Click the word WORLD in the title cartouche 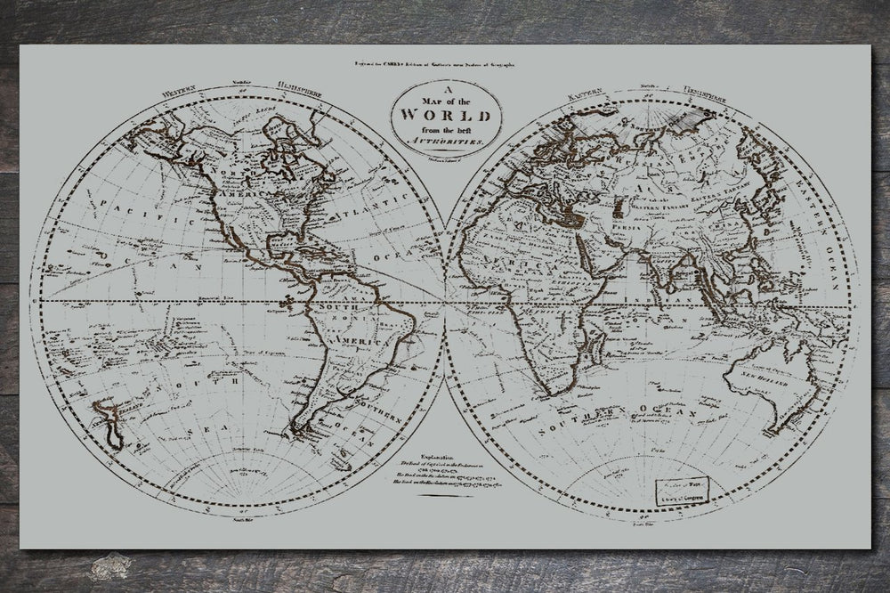click(445, 115)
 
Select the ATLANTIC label click(359, 212)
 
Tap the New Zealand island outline click(109, 422)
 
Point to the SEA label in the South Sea click(206, 428)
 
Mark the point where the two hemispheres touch click(446, 303)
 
